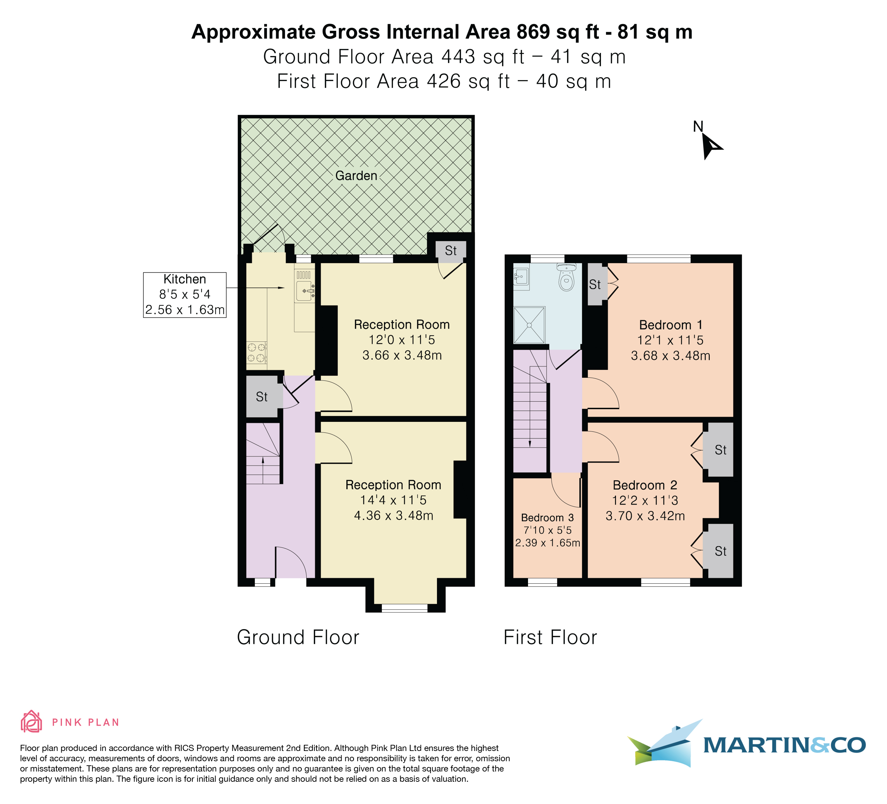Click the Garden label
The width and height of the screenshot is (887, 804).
click(356, 176)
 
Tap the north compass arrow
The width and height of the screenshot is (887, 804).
click(710, 146)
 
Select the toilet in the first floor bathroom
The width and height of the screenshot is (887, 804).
click(566, 277)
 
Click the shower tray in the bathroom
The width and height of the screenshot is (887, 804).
click(529, 325)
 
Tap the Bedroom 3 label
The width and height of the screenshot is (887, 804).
click(547, 518)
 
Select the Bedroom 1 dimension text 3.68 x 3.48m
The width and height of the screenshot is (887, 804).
click(670, 355)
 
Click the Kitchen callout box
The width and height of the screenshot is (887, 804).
click(185, 295)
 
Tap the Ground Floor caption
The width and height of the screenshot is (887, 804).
click(298, 637)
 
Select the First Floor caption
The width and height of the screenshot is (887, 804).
click(550, 637)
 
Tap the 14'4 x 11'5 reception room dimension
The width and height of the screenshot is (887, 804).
click(393, 500)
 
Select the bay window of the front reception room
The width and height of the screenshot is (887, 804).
click(405, 608)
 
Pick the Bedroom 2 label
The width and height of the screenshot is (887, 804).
click(645, 485)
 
